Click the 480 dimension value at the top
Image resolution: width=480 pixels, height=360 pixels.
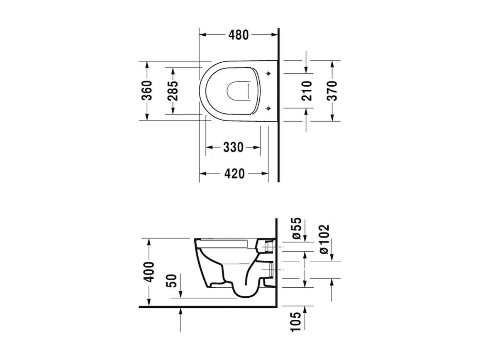tap(239, 35)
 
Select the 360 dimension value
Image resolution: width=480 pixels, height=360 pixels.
tap(147, 91)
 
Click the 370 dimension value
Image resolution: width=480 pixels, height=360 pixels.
tap(332, 91)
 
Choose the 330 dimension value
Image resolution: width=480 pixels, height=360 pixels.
tap(233, 147)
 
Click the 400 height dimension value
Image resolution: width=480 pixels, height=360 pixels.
tap(148, 272)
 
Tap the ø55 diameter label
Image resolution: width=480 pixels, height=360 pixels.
tap(296, 229)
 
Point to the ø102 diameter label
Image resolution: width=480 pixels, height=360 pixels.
tap(324, 239)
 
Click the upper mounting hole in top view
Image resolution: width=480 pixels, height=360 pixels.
tap(268, 74)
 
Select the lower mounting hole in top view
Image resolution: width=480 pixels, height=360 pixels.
tap(268, 108)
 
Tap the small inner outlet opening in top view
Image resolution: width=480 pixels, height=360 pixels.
tap(239, 91)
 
